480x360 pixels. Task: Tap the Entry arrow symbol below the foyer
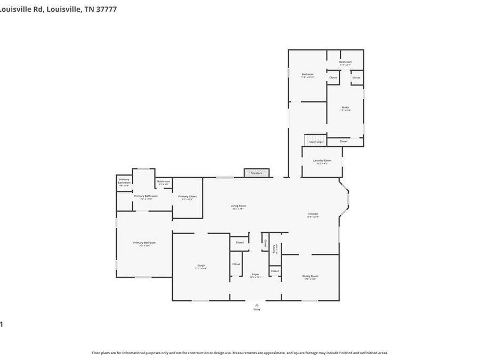click(257, 305)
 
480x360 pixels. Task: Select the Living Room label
click(238, 206)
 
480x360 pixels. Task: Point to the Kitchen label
click(313, 214)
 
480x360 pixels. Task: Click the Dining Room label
click(311, 276)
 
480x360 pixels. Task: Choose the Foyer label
click(256, 275)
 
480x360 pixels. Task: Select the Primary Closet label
click(187, 196)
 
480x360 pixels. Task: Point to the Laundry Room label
click(322, 161)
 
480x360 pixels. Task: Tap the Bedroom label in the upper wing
click(308, 74)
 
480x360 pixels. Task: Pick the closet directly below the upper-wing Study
click(343, 141)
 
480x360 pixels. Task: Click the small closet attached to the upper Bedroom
click(333, 78)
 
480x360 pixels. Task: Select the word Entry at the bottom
click(257, 309)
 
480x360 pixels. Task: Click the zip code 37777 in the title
click(108, 9)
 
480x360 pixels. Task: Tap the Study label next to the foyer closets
click(201, 266)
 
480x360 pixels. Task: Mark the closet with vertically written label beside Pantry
click(265, 243)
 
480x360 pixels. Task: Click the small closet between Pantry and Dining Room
click(275, 271)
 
